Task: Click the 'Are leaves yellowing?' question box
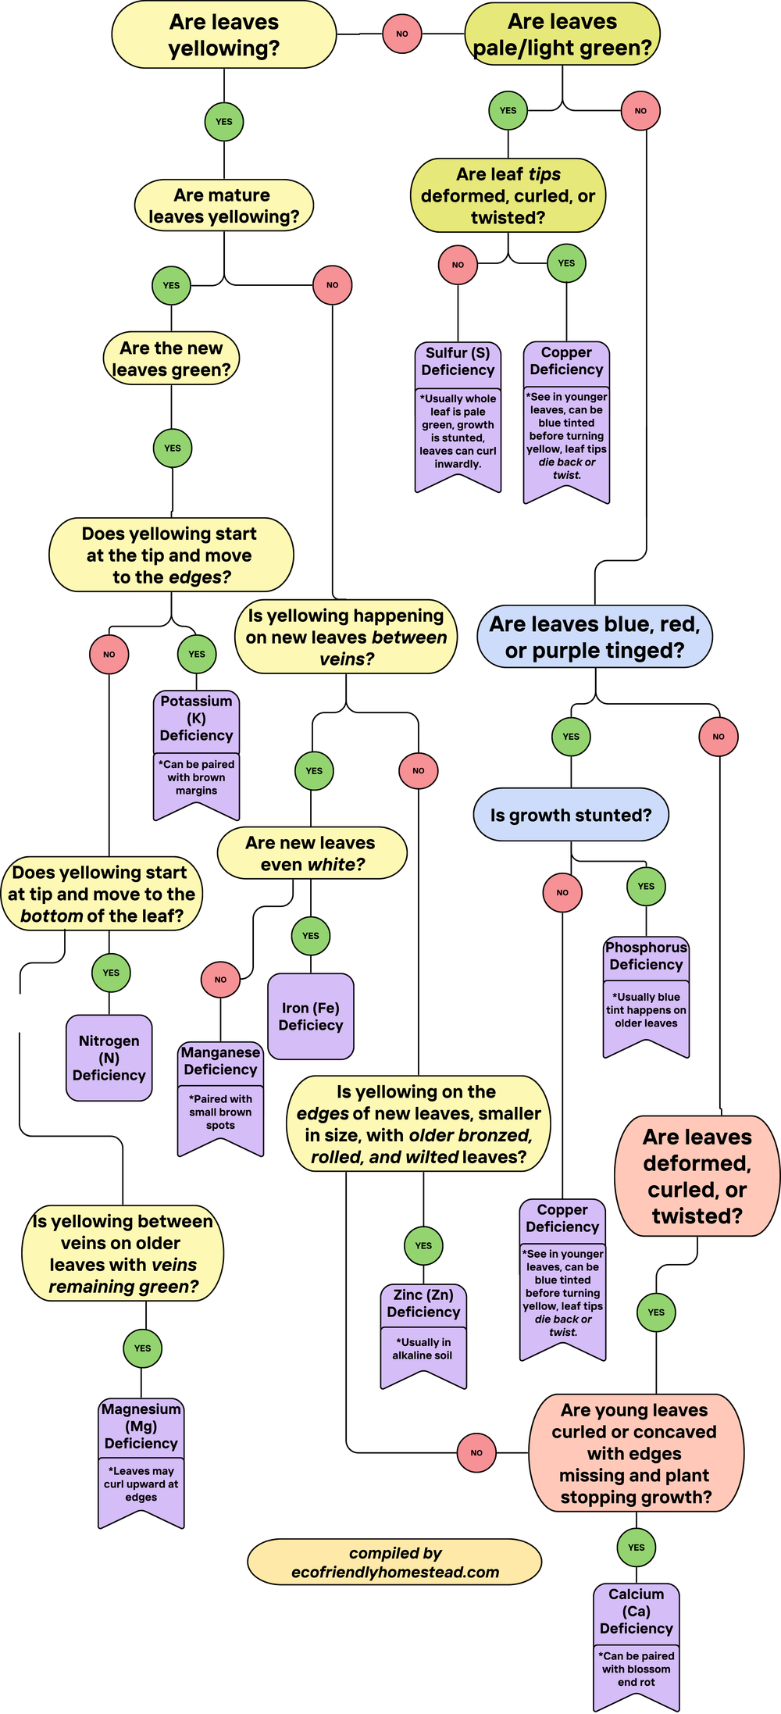coord(223,35)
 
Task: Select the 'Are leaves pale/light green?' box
coord(562,35)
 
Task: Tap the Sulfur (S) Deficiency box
coord(458,362)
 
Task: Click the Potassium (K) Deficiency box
coord(196,719)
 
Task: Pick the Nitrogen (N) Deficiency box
coord(109,1058)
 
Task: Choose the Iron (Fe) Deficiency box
coord(311,1016)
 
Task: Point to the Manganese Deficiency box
coord(220,1062)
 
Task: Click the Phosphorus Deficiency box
coord(646,956)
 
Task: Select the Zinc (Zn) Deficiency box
coord(423,1304)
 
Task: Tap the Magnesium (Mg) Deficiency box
coord(141,1427)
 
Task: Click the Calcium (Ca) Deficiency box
coord(636,1612)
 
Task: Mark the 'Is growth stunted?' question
coord(571,816)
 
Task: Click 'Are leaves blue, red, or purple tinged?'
coord(594,637)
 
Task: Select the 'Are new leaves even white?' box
coord(312,853)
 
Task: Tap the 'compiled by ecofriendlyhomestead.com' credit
coord(394,1562)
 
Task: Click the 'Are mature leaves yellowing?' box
coord(223,206)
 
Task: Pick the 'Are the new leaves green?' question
coord(171,359)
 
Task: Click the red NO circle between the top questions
coord(402,34)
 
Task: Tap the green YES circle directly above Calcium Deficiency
coord(637,1548)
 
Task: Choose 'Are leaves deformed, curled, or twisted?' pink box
coord(697,1177)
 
